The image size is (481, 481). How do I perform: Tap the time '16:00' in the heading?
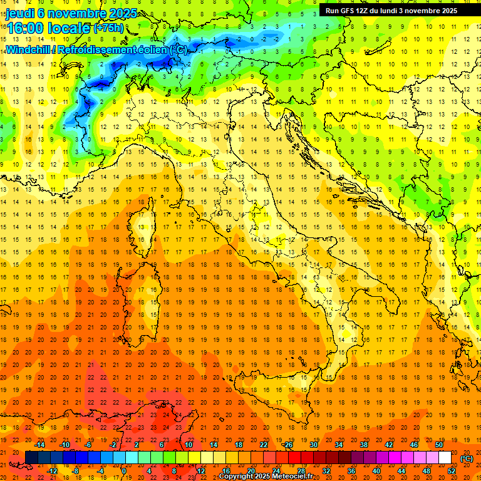25,28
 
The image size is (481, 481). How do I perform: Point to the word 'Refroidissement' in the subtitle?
97,49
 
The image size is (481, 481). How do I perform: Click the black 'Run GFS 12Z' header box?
391,11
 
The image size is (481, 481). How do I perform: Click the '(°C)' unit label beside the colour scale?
466,458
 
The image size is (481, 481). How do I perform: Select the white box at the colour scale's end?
445,458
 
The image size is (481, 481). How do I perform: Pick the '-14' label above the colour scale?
41,445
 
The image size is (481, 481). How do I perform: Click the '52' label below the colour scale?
452,471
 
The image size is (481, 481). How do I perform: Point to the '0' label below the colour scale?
124,471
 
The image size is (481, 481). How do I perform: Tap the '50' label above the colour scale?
439,445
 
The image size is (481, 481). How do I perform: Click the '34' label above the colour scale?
339,445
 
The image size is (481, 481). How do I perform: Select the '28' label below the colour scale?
301,471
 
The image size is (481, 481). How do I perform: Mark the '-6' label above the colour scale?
88,445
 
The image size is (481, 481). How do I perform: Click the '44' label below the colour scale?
401,471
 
